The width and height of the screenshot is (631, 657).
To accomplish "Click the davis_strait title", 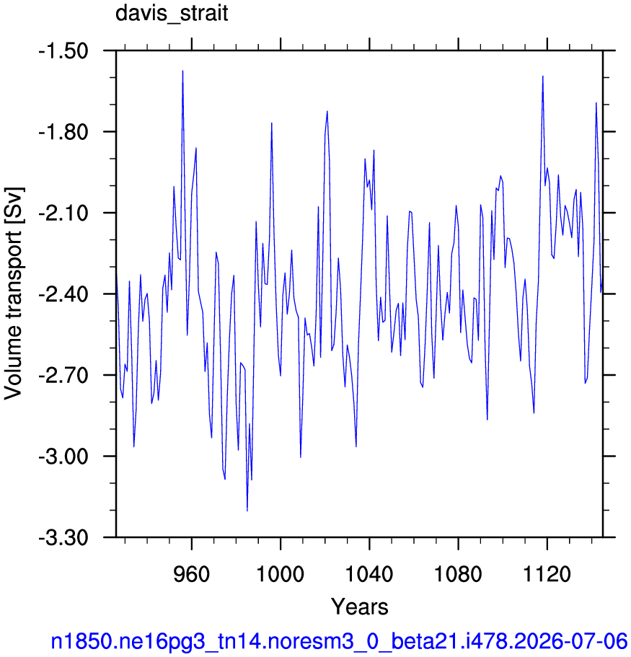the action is click(x=172, y=13).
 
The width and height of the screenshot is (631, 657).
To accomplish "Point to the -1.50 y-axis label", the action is click(x=63, y=51).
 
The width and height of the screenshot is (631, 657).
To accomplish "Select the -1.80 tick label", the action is click(x=63, y=132).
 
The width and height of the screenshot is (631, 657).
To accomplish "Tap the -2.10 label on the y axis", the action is click(x=63, y=213).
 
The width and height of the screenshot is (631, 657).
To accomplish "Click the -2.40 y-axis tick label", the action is click(x=63, y=294).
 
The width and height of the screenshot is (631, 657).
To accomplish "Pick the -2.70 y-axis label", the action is click(x=63, y=376).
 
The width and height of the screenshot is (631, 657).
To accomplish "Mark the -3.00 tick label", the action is click(x=63, y=457).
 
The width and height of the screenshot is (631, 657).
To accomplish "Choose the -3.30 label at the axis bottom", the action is click(x=63, y=537).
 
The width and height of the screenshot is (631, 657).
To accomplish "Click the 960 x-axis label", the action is click(x=192, y=573).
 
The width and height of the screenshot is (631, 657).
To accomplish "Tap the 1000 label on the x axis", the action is click(x=280, y=573).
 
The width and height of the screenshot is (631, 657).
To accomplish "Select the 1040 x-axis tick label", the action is click(x=369, y=573).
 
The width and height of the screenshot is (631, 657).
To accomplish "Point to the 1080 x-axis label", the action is click(x=458, y=573).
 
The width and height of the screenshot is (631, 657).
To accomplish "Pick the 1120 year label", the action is click(x=547, y=573).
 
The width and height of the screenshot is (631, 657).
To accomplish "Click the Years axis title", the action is click(x=360, y=607).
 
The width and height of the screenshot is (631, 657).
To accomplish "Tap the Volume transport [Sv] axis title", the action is click(x=14, y=294).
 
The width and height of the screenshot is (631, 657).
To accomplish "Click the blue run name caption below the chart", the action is click(x=340, y=641).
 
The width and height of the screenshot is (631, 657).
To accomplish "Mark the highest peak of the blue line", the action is click(x=182, y=71).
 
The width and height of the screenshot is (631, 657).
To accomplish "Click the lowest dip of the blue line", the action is click(x=247, y=511).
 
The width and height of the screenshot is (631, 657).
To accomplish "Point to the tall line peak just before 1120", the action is click(x=542, y=76).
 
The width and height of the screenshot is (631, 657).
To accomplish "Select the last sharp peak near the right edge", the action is click(x=596, y=102).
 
